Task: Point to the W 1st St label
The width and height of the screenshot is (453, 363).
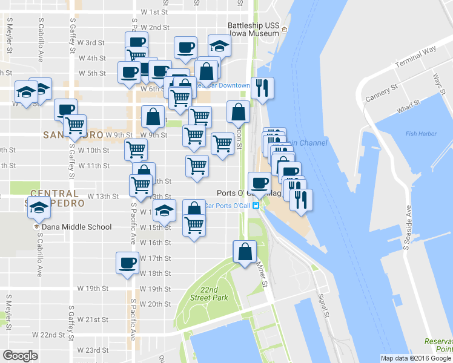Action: (x=153, y=12)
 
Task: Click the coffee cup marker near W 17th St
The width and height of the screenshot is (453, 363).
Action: (x=128, y=263)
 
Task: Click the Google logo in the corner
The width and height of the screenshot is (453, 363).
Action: (x=20, y=356)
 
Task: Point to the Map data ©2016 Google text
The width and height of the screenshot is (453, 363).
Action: (x=415, y=358)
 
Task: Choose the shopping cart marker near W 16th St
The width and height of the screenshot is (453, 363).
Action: (x=194, y=225)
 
